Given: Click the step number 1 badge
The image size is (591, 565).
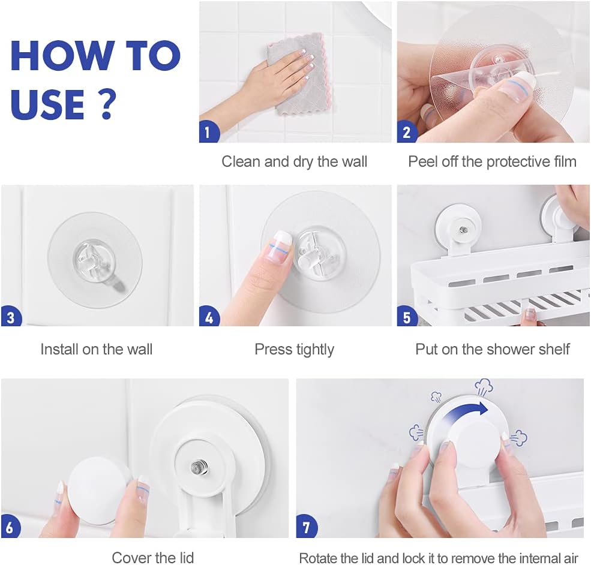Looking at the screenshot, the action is (x=208, y=133).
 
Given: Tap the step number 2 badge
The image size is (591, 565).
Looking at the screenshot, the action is (x=406, y=133).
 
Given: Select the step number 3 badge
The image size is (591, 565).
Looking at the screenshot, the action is (x=11, y=317).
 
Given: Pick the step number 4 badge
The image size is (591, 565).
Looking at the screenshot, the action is (x=209, y=317).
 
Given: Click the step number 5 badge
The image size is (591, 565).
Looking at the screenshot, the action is (x=407, y=317).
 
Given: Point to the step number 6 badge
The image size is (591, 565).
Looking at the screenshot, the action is (x=11, y=527).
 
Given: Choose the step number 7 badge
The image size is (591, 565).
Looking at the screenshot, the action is (x=307, y=527).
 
